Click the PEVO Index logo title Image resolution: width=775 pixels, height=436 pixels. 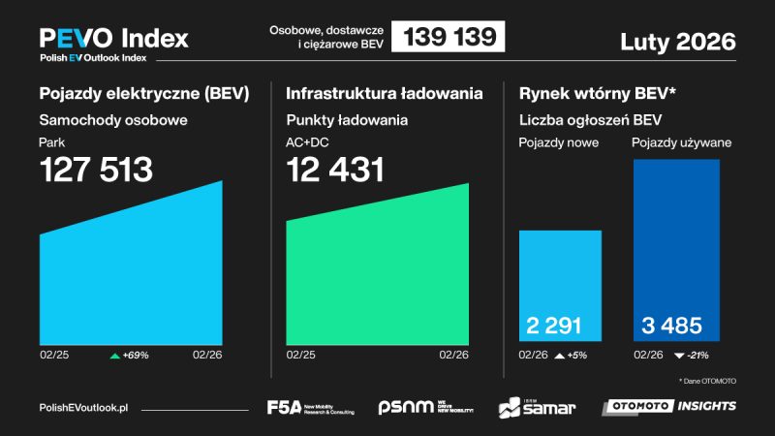tap(113, 39)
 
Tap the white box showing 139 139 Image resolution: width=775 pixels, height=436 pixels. tap(449, 38)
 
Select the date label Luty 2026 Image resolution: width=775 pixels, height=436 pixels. tap(677, 42)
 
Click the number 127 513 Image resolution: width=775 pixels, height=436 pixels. tap(96, 171)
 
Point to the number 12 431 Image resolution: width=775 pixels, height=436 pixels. tap(335, 171)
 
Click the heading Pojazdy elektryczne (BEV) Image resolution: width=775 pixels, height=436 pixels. tap(143, 94)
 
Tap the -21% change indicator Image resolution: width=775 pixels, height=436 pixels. tap(690, 356)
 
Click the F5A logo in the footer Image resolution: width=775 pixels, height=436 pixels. tap(310, 407)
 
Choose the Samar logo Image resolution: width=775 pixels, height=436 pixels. tap(538, 407)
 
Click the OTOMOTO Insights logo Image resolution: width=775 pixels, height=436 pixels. tap(668, 406)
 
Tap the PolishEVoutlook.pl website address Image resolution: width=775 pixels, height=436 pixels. tap(83, 408)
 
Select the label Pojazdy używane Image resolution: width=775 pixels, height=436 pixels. tap(681, 143)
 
